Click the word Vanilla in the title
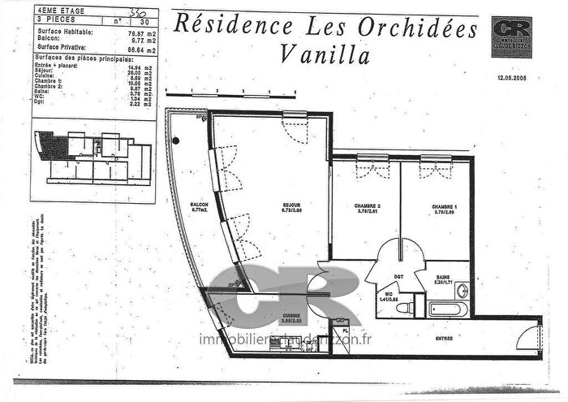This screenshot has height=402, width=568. [x=324, y=56]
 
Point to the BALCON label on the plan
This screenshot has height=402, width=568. [x=199, y=205]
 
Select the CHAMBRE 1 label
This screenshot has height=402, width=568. [x=445, y=206]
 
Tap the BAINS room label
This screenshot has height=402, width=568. [x=443, y=277]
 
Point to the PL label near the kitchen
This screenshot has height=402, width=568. [x=345, y=332]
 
